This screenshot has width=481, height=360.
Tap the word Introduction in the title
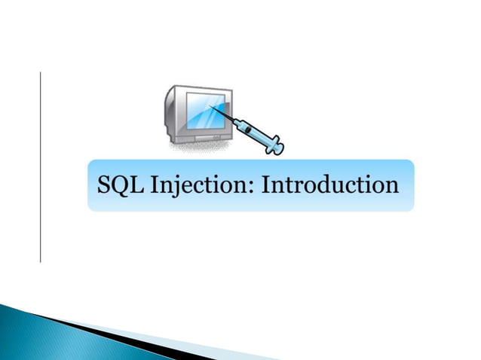click(x=329, y=185)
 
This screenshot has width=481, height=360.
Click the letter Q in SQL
click(x=122, y=185)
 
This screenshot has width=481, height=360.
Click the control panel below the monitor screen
click(x=198, y=137)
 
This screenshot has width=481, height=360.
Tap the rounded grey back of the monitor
click(x=169, y=113)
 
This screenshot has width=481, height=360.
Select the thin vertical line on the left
click(x=40, y=166)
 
